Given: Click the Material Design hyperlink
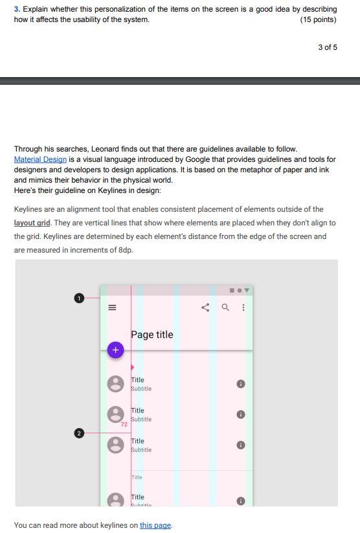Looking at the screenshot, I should pos(40,159).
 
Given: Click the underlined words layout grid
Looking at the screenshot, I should pos(32,223).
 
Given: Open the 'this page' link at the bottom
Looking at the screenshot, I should pos(155,525).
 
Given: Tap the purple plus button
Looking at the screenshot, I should pos(115,350).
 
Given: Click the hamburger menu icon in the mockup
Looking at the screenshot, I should pos(112,308).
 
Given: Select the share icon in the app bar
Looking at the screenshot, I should pos(206,308).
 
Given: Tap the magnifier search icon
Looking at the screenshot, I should pos(225,308).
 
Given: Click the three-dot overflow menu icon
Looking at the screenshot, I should pos(243,308).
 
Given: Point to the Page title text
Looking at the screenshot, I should pos(152,335).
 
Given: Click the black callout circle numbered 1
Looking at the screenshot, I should pos(79,298).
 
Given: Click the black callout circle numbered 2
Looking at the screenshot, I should pos(79,433).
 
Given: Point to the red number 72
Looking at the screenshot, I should pos(123,424).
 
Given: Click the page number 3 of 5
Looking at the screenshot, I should pos(328,47).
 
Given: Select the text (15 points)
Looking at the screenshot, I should pos(319,19).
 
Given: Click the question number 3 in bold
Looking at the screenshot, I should pos(17,9).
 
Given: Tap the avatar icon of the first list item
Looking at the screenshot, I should pos(115,384).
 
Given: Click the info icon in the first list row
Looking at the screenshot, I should pos(240,384).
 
